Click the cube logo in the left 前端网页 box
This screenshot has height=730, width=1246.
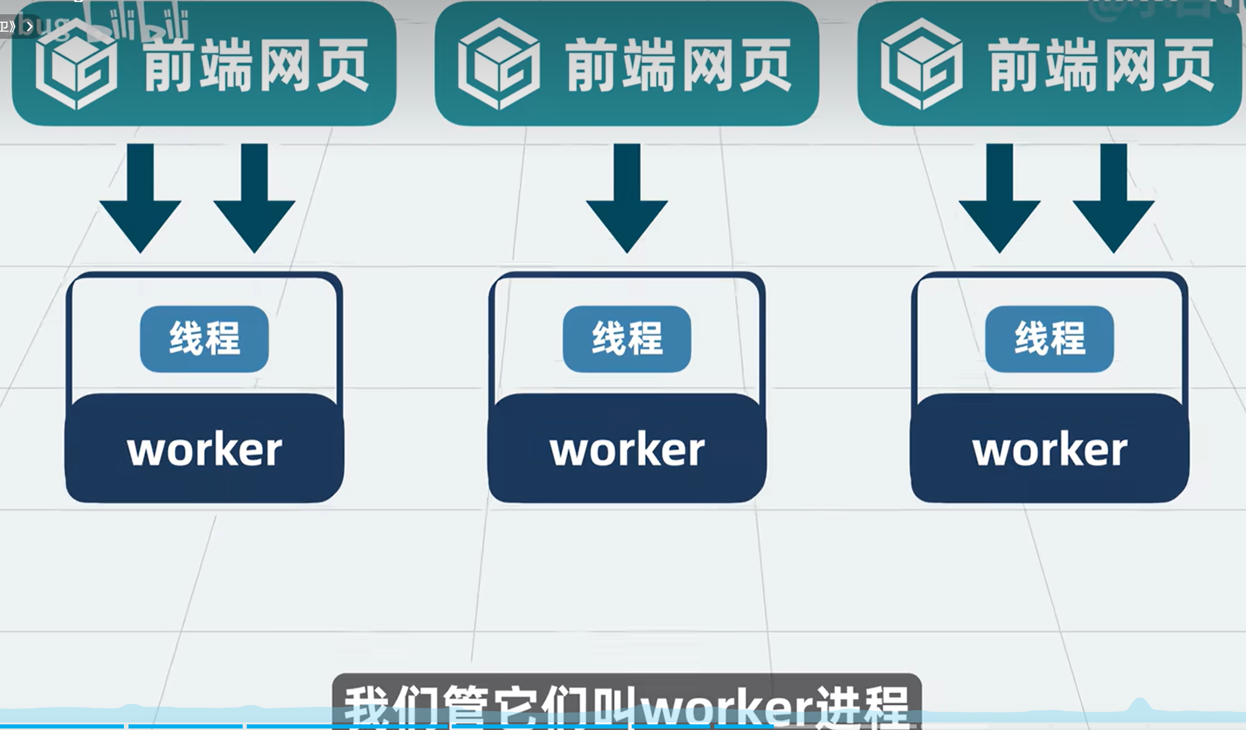(x=76, y=64)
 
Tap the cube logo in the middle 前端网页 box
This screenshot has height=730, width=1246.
(x=499, y=64)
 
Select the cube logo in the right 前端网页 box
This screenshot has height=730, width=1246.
(x=922, y=64)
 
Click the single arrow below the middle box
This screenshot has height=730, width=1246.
(x=627, y=199)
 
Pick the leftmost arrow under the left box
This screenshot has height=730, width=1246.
(x=140, y=199)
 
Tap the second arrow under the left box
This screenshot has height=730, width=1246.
(x=254, y=199)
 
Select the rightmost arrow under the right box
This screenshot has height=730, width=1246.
(x=1113, y=199)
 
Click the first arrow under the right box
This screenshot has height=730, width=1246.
(x=999, y=199)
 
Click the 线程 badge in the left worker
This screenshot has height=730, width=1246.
(x=204, y=339)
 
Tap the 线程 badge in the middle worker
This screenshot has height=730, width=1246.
(x=627, y=339)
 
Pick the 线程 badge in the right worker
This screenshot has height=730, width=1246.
(x=1050, y=339)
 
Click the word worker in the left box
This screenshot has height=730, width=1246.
(x=204, y=449)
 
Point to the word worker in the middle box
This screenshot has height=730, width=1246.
(x=627, y=449)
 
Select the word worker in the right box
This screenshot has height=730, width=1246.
(x=1050, y=449)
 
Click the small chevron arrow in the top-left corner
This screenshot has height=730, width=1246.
(x=30, y=26)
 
